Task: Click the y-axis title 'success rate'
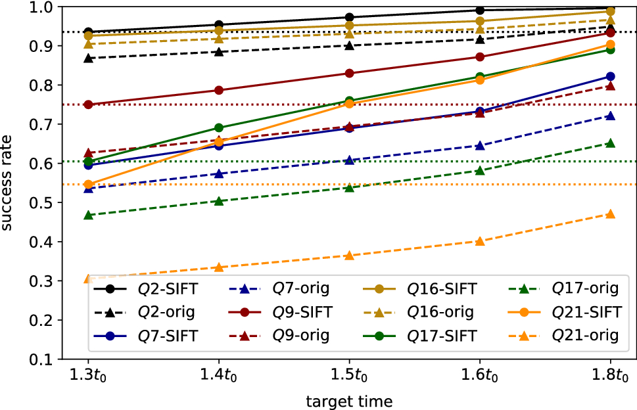pos(9,183)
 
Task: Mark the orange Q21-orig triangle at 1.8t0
pos(611,214)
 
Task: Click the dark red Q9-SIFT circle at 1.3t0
pos(88,104)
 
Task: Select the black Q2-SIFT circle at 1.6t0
pos(480,10)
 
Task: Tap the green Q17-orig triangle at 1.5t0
pos(349,188)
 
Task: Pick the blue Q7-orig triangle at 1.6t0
pos(480,146)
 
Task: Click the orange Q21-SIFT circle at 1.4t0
pos(219,142)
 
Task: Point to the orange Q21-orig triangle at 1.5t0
pos(349,256)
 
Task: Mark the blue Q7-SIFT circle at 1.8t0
pos(611,76)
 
